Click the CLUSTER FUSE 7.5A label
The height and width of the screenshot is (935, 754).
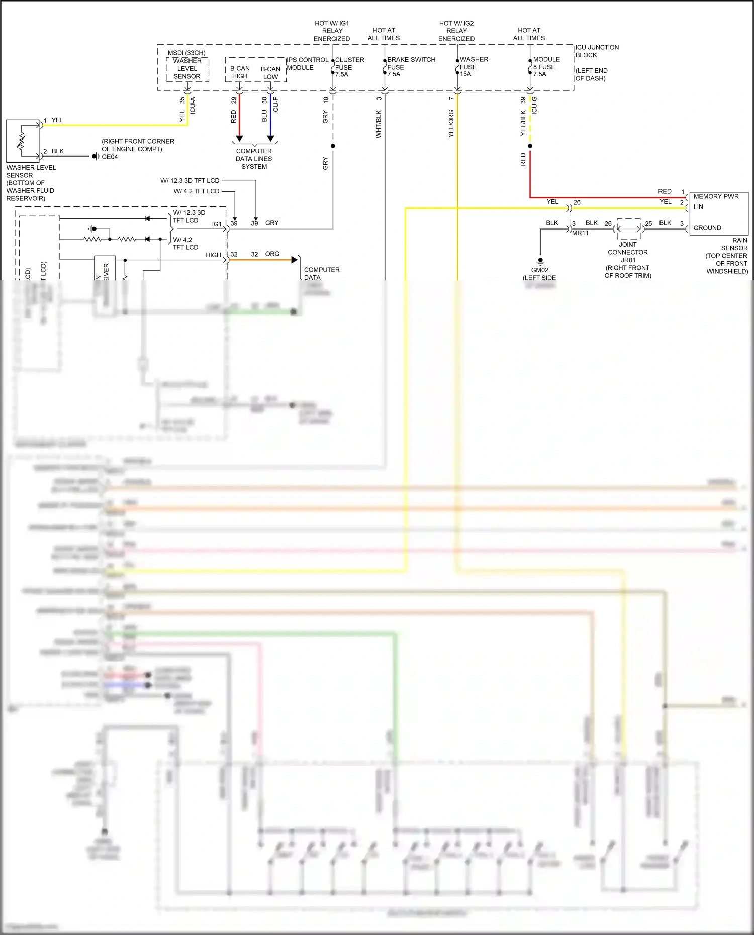349,67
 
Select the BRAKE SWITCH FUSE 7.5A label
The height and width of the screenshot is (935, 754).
410,67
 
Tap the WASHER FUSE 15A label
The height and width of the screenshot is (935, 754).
473,67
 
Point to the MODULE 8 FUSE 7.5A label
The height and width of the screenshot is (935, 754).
546,67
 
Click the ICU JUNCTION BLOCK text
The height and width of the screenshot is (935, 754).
596,51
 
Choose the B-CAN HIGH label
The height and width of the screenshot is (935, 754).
240,72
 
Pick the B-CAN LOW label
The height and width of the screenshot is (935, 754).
270,73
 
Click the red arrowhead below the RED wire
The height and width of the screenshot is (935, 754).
239,138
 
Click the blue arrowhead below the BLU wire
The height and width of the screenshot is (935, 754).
270,138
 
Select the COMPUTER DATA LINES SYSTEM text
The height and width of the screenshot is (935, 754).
254,159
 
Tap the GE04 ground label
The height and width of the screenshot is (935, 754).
110,157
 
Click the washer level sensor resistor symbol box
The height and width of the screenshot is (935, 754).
23,141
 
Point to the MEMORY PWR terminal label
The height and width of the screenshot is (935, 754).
716,196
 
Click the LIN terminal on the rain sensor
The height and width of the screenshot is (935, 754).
698,207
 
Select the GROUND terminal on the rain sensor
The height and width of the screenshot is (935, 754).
707,228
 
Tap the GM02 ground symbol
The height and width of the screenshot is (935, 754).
540,261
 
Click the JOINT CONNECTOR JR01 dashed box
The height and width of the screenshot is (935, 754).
628,229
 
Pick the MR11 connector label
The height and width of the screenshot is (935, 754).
580,233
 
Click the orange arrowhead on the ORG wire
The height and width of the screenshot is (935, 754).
295,260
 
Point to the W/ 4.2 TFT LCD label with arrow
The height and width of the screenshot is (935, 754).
197,191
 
